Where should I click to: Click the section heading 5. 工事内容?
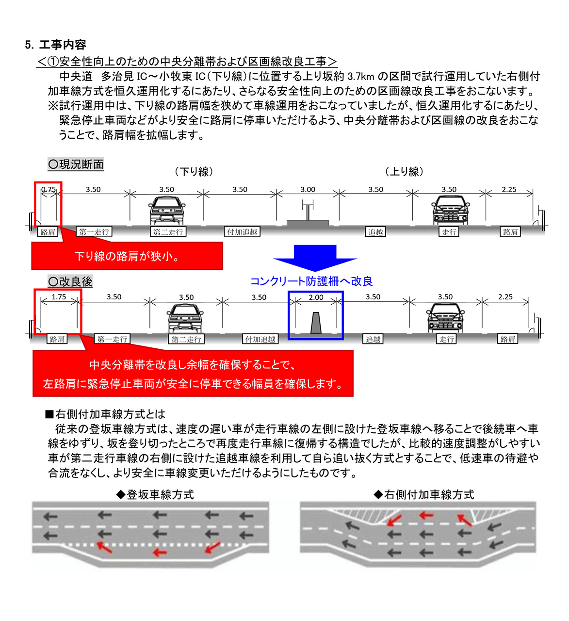55,45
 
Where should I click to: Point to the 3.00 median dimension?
308,190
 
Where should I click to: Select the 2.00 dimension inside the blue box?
316,297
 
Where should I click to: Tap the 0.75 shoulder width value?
48,190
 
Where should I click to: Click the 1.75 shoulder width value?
59,297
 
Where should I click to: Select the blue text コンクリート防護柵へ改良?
311,281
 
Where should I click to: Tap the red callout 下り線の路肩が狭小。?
127,256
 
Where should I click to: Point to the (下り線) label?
194,172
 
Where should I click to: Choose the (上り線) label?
404,172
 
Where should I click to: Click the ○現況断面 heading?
76,164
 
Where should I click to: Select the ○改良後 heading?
70,281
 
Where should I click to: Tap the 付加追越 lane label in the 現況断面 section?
242,232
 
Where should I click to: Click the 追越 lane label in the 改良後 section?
373,339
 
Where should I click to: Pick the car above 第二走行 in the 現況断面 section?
167,211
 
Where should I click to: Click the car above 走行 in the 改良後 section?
445,318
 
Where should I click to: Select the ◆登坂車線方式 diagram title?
155,494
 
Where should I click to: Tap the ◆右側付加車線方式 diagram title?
424,494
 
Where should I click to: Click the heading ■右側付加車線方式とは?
105,414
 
